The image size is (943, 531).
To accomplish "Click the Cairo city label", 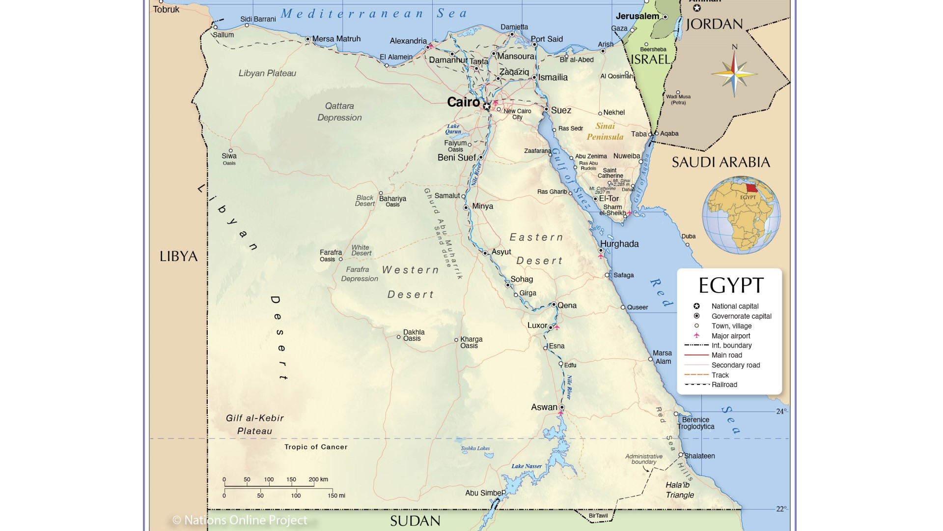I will click(463, 102).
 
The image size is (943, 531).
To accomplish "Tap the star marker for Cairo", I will click(486, 106).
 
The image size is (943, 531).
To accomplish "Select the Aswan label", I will click(544, 407).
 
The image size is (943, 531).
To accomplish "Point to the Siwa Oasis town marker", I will click(230, 150).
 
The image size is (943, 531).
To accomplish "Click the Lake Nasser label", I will click(527, 466).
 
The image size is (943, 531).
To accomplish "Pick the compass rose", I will click(734, 74).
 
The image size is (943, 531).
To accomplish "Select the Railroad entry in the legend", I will click(724, 384).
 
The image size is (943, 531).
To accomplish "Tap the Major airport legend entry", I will click(730, 336).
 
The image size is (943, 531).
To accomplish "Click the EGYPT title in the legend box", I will click(731, 285).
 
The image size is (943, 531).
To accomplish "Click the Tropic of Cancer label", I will click(316, 447).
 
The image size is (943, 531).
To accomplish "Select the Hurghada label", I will click(619, 244).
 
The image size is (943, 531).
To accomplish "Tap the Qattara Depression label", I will click(339, 112).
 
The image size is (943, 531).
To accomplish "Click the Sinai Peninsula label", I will click(605, 131).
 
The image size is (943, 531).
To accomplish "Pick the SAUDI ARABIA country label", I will click(721, 162).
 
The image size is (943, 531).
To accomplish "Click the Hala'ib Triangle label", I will click(679, 490).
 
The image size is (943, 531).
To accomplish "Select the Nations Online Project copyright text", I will click(240, 520).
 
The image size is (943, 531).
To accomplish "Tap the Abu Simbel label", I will click(483, 493).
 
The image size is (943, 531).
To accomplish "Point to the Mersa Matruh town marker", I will click(308, 39).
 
